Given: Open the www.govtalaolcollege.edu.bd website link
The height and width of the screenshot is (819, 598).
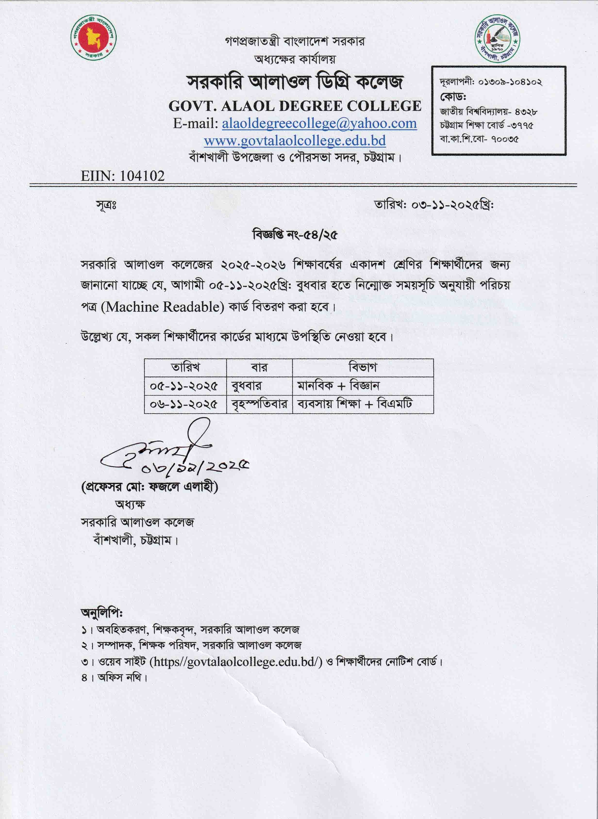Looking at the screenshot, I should pyautogui.click(x=295, y=140).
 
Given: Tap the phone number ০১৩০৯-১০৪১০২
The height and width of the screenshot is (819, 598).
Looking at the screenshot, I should pyautogui.click(x=510, y=82).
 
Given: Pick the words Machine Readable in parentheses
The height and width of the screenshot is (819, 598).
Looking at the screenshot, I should pyautogui.click(x=163, y=307).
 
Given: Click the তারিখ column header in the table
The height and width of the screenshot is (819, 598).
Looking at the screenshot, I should pyautogui.click(x=185, y=368).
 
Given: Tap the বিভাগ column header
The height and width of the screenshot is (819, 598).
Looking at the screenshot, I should pyautogui.click(x=363, y=368).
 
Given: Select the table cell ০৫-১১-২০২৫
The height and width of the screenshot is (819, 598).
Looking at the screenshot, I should pyautogui.click(x=184, y=386).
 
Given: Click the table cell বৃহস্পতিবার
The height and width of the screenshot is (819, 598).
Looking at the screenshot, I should pyautogui.click(x=259, y=404).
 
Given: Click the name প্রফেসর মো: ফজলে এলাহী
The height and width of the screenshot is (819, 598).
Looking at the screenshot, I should pyautogui.click(x=150, y=487).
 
